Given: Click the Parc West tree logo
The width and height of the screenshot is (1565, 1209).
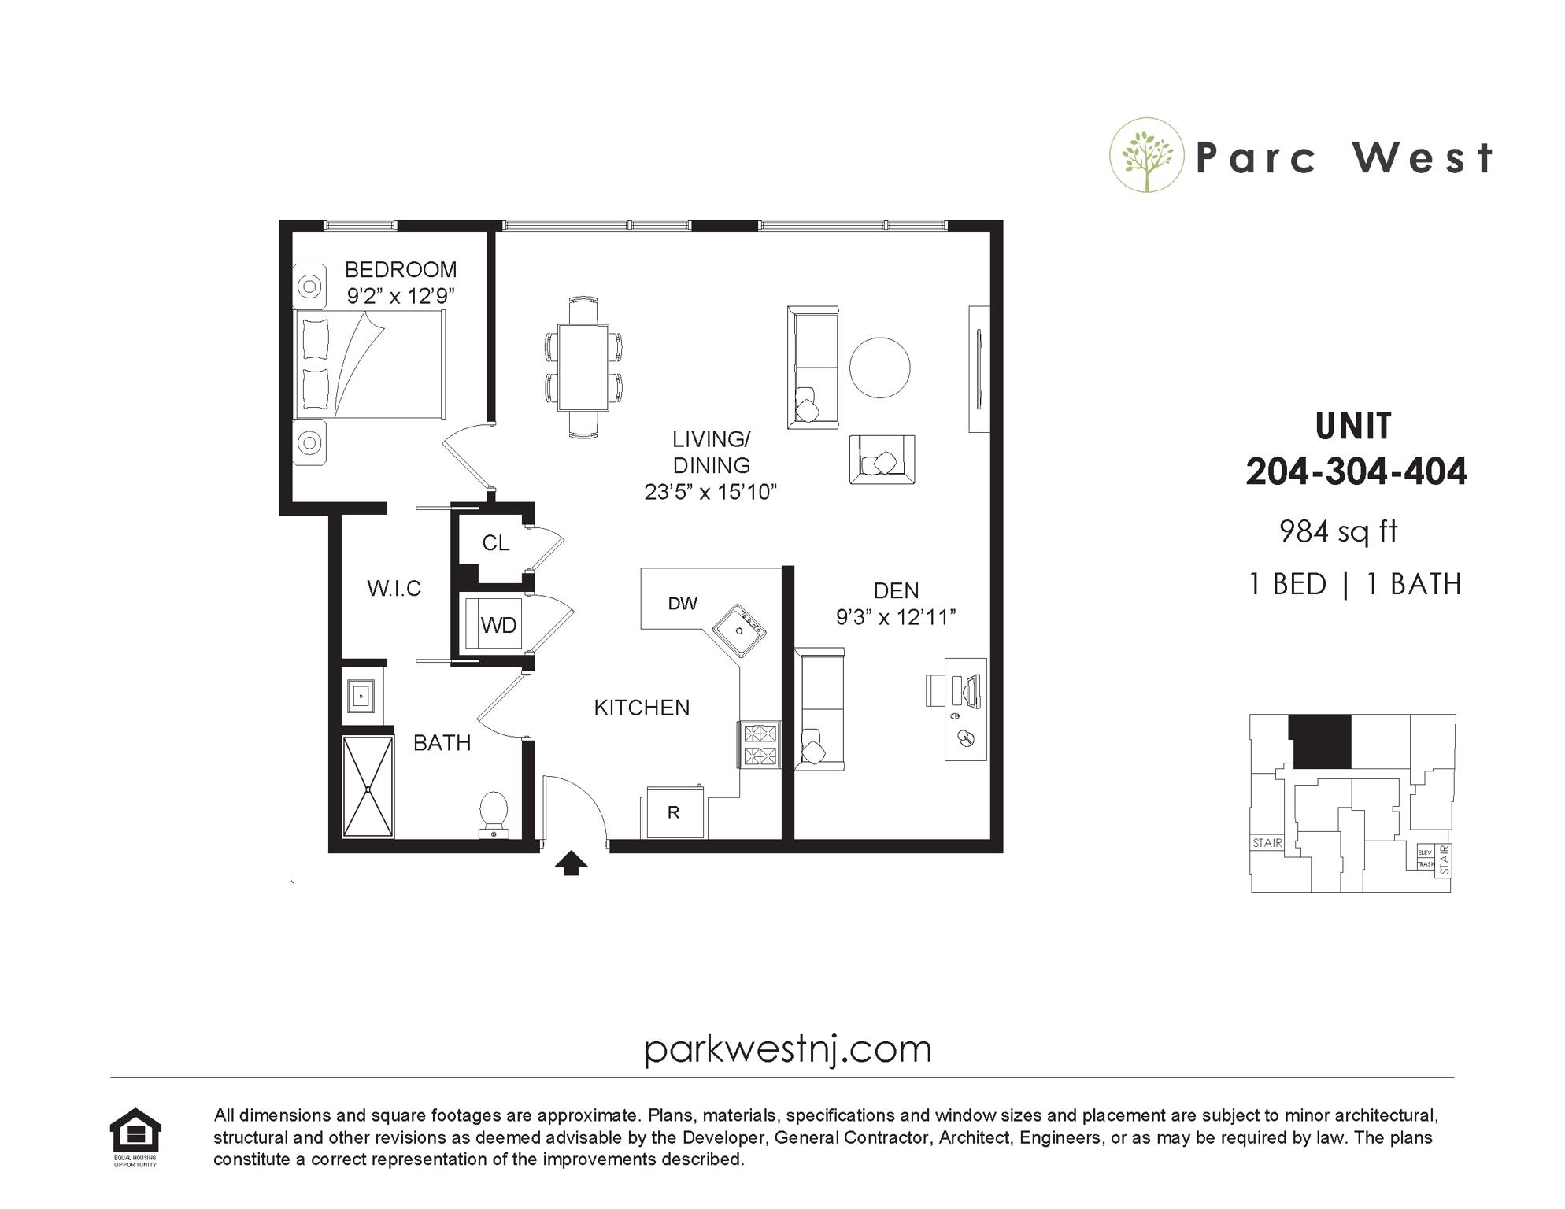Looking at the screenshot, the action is click(1146, 155).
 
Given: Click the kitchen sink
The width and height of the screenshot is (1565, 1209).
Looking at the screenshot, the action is click(739, 630).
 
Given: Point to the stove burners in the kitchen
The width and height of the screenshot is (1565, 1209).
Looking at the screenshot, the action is click(760, 745).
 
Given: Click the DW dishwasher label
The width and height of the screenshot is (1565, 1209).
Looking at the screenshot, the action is click(683, 604).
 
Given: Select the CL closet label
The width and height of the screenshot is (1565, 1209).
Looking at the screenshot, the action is click(496, 543).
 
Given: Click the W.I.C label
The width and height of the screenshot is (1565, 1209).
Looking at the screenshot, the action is click(394, 588).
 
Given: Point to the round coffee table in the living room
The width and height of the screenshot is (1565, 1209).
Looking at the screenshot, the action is click(879, 368).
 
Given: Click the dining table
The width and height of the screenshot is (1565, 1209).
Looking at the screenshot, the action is click(583, 367).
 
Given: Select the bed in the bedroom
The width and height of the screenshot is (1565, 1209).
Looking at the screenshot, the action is click(369, 364).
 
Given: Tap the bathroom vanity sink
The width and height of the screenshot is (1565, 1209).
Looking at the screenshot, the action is click(362, 697).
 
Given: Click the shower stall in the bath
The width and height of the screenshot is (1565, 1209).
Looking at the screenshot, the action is click(368, 787).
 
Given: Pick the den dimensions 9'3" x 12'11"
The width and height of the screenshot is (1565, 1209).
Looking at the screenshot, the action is click(896, 617).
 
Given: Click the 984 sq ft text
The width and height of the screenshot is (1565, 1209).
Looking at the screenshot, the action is click(1338, 532).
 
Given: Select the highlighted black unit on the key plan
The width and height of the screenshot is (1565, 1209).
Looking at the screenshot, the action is click(1320, 741).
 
